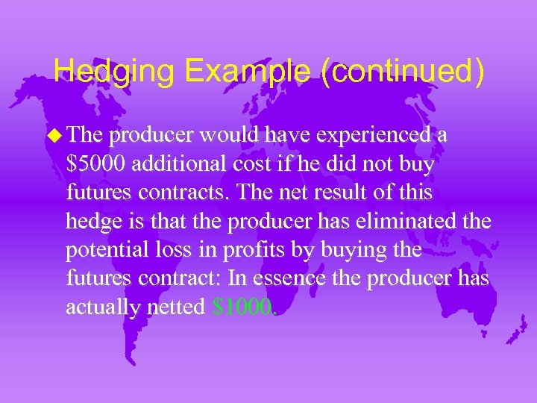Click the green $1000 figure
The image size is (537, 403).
pos(242,307)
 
